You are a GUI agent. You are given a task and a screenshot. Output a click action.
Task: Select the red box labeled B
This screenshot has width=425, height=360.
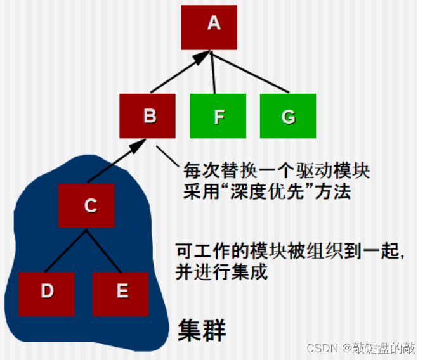tap(148, 116)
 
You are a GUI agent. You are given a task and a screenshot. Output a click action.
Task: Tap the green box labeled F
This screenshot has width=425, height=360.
tap(218, 116)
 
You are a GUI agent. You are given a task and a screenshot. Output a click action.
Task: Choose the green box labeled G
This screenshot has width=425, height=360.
tap(287, 116)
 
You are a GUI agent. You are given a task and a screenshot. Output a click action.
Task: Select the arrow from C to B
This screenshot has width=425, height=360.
tap(114, 162)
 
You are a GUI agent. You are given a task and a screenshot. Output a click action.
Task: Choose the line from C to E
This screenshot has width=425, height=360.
tap(104, 250)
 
